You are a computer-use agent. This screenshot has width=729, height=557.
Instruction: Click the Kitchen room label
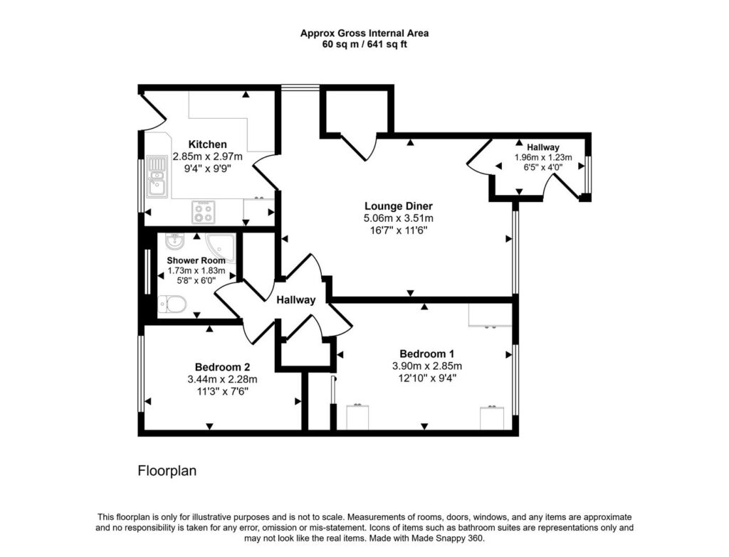point(207,144)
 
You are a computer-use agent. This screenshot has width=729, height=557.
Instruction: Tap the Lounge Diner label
point(399,206)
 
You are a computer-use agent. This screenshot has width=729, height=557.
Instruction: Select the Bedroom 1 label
point(427,354)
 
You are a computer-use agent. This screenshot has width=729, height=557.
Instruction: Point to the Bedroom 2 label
point(222,368)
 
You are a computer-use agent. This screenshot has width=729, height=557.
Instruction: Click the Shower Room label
point(196,260)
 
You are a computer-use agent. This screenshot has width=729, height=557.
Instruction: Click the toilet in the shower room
point(172,304)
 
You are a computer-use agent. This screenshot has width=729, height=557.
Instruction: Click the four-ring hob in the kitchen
point(204,212)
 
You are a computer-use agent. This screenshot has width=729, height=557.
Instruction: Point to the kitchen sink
point(157,176)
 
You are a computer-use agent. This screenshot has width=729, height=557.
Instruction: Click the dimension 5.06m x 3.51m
point(399,218)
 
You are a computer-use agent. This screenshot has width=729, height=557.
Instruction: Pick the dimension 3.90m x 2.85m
point(427,366)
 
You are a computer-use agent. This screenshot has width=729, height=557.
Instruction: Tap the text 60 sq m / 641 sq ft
point(364,45)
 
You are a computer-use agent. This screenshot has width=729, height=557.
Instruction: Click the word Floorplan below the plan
point(167,471)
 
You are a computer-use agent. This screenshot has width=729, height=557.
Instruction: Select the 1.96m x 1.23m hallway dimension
point(543,157)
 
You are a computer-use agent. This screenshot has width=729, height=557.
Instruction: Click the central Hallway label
point(295,300)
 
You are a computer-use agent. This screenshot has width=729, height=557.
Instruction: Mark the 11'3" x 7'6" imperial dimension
point(222,392)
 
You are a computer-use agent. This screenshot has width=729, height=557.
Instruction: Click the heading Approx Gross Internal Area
point(364,33)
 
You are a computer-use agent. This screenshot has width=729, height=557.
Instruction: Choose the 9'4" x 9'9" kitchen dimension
point(207,169)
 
